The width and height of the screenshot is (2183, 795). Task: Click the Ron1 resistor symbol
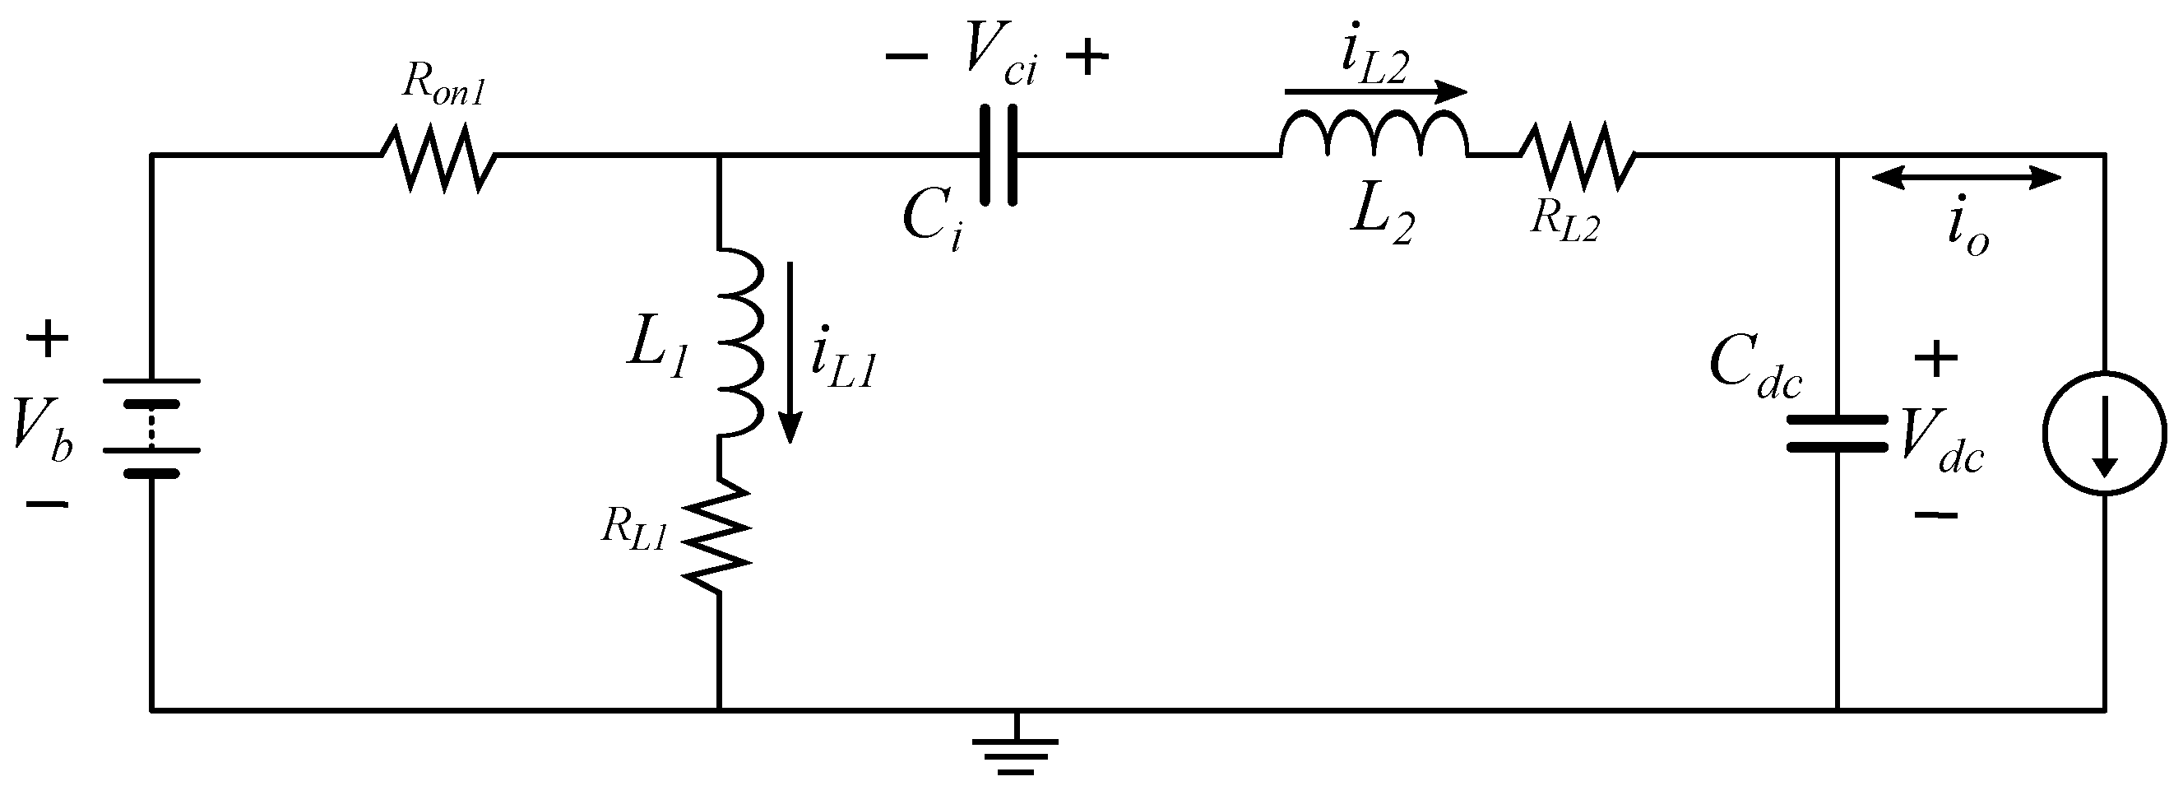(438, 158)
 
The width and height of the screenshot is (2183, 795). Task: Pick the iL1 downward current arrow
(790, 351)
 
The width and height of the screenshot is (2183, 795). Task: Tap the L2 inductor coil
(1373, 136)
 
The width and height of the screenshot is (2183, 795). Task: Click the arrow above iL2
(1374, 91)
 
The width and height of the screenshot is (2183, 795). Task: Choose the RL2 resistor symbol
(1577, 158)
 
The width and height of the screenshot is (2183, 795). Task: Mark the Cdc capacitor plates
(1838, 433)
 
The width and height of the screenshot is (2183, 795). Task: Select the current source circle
(2105, 433)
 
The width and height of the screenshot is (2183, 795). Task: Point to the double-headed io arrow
(1965, 177)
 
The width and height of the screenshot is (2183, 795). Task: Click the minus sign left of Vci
(906, 57)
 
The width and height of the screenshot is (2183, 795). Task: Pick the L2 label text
(1382, 218)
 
